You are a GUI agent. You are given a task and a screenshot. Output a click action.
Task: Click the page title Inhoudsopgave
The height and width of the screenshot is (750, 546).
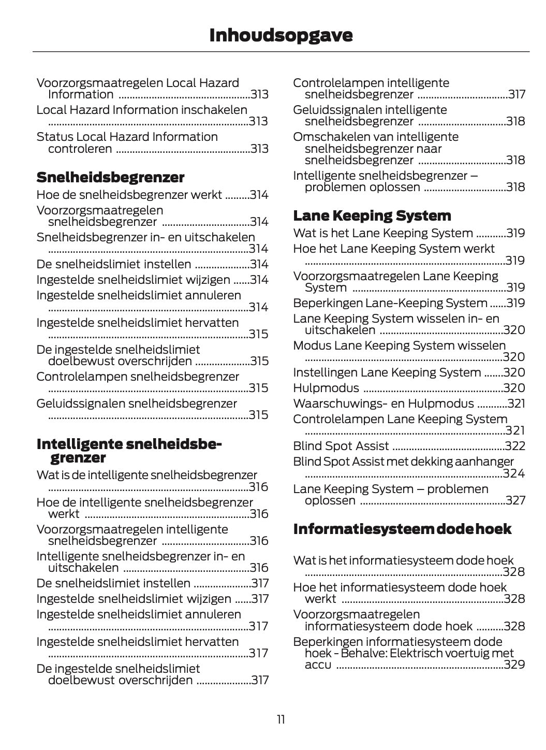[x=281, y=35]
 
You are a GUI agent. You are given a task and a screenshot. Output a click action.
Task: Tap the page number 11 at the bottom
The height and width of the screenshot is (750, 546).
[x=281, y=719]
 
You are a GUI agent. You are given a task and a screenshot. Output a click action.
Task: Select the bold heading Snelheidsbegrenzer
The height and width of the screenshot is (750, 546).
[x=110, y=178]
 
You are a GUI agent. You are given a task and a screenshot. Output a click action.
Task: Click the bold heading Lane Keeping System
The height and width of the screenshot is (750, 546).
[x=372, y=215]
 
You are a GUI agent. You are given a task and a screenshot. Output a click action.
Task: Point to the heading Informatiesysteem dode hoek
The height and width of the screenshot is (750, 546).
[x=402, y=529]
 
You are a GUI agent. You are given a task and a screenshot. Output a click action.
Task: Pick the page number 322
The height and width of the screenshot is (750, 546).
[x=514, y=446]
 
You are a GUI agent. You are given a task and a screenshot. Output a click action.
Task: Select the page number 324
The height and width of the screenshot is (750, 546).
[x=514, y=473]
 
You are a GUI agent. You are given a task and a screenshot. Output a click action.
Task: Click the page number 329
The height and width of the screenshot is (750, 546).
[x=514, y=665]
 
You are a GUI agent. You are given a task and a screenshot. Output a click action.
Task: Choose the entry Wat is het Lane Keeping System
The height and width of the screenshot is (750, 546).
[x=383, y=234]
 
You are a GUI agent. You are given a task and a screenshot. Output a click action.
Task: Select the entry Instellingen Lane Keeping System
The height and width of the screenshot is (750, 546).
[x=387, y=372]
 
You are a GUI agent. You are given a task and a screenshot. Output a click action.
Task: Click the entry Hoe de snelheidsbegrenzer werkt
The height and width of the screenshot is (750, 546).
[x=129, y=195]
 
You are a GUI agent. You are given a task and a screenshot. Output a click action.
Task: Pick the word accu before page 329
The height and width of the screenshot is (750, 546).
[x=318, y=665]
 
